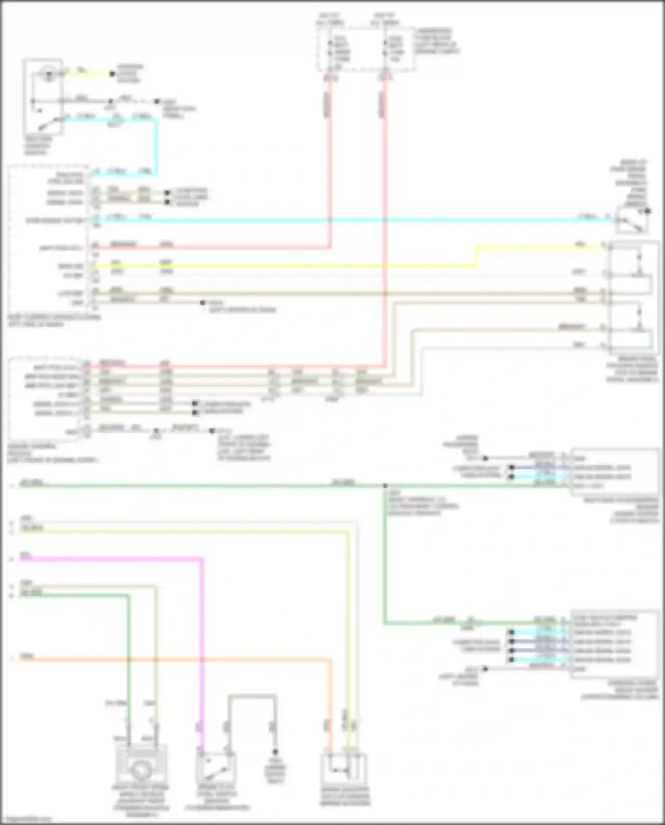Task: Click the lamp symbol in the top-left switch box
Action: coord(48,74)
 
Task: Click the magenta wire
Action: coord(202,643)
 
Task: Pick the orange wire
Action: coord(177,660)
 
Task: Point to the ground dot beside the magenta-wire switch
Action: coord(275,752)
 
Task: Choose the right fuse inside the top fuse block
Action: coord(385,49)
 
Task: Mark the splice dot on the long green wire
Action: coord(385,486)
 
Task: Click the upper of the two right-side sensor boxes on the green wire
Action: coord(614,472)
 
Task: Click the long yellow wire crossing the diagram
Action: coord(284,266)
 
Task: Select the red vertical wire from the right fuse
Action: coord(385,222)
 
